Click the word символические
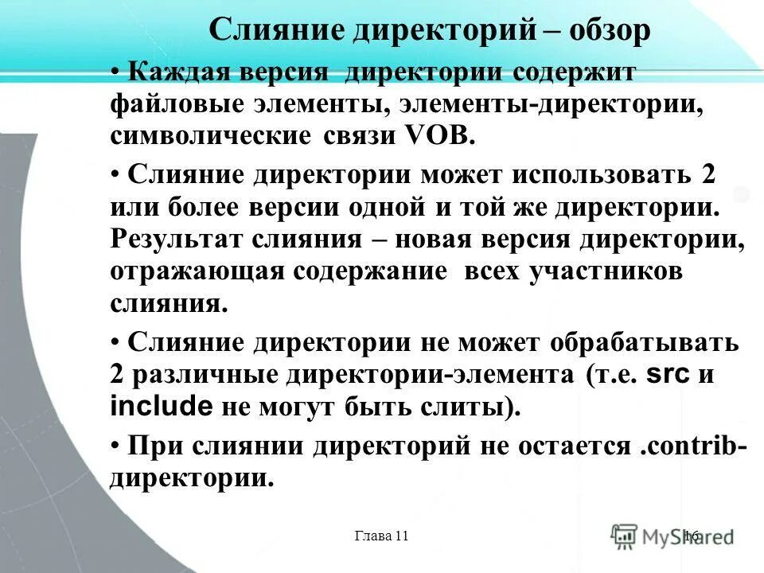coord(211,136)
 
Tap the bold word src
coord(668,375)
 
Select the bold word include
coord(161,407)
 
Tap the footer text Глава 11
coord(381,536)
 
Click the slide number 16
coord(690,536)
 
